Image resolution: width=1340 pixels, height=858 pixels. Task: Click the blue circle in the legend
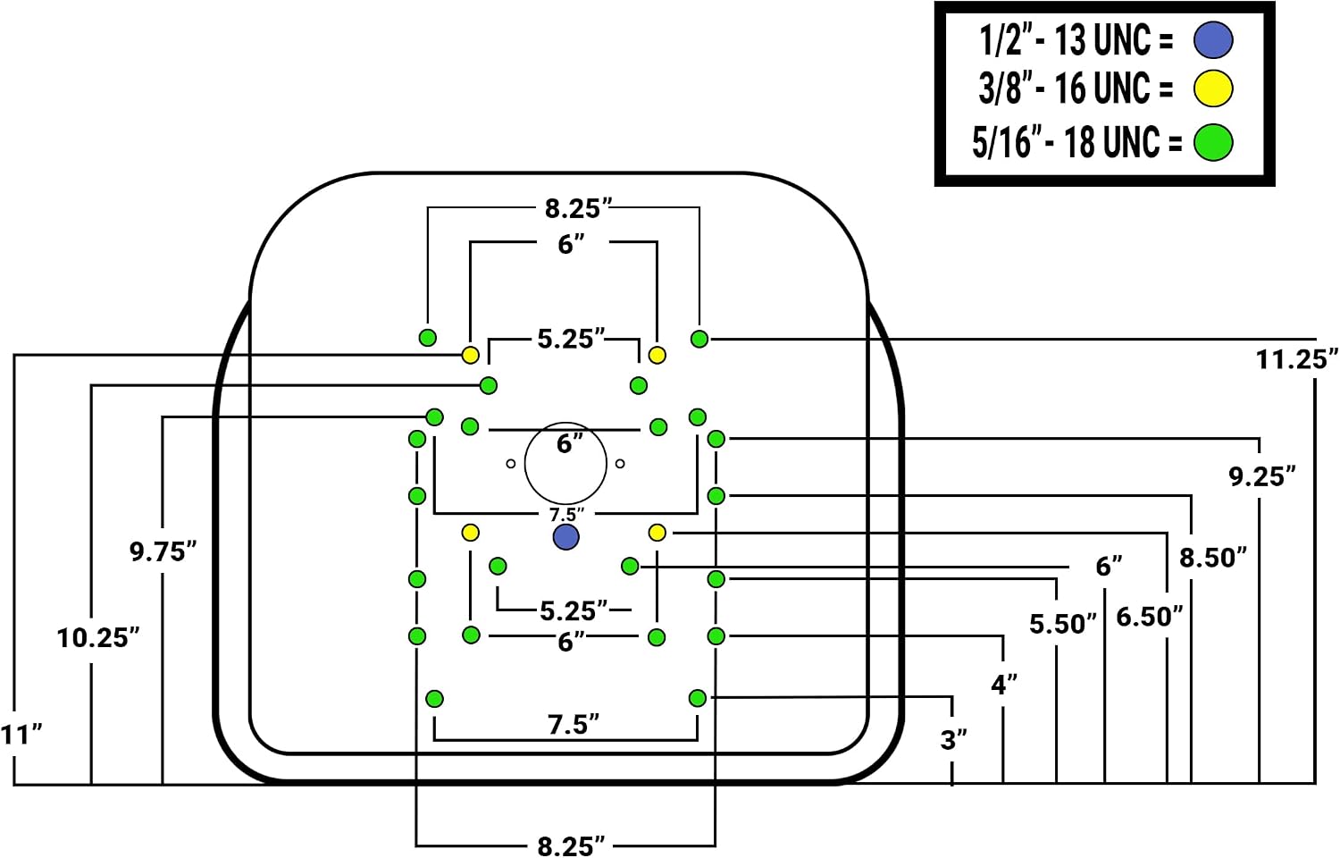click(x=1213, y=40)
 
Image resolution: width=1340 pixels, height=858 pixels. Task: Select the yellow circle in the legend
click(x=1213, y=88)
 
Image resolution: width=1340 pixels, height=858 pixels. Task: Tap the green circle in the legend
click(x=1213, y=142)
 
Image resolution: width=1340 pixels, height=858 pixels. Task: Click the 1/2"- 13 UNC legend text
click(x=1076, y=41)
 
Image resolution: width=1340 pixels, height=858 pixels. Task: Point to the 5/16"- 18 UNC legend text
click(x=1076, y=142)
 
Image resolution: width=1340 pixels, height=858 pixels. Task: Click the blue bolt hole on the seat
click(x=565, y=537)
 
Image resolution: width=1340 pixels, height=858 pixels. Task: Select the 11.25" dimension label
click(x=1296, y=359)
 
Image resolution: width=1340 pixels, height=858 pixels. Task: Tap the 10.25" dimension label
click(x=98, y=638)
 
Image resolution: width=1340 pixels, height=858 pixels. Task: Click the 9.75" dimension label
click(x=163, y=551)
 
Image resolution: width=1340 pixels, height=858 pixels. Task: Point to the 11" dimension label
click(x=21, y=735)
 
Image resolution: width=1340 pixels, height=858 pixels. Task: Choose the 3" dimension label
click(x=953, y=740)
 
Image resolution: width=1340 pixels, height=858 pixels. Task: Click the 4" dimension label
click(x=1004, y=685)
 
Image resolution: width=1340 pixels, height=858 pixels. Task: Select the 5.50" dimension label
click(x=1063, y=624)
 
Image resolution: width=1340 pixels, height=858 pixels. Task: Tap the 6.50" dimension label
click(x=1150, y=617)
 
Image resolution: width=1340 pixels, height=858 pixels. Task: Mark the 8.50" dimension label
click(x=1213, y=558)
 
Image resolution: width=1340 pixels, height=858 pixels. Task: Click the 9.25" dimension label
click(x=1262, y=477)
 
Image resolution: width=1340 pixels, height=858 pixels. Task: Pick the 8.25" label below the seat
click(x=571, y=846)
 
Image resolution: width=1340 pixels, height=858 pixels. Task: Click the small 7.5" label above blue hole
click(x=566, y=515)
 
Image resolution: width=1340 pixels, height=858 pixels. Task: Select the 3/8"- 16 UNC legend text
click(x=1076, y=88)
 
